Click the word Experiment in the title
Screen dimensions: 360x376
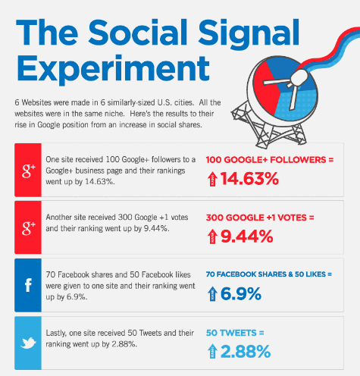point(113,69)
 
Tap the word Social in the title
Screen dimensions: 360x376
point(138,33)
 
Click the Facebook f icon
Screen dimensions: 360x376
point(28,285)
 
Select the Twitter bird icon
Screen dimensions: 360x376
point(28,343)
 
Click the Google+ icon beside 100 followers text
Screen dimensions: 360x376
point(28,171)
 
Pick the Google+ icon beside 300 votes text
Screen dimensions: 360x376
point(28,228)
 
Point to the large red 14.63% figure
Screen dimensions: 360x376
point(249,179)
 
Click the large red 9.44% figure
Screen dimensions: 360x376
point(247,237)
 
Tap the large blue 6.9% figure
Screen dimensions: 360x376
point(241,294)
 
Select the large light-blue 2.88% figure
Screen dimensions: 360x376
point(246,352)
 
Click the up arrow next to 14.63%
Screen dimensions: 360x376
point(212,179)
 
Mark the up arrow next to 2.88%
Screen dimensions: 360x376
point(212,352)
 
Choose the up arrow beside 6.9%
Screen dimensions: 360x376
point(212,294)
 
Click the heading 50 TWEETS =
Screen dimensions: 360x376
point(235,333)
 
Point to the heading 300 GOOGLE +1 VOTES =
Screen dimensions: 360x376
point(260,218)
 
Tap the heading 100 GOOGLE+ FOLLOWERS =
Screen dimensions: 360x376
point(270,160)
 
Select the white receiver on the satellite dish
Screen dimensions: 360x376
point(299,78)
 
